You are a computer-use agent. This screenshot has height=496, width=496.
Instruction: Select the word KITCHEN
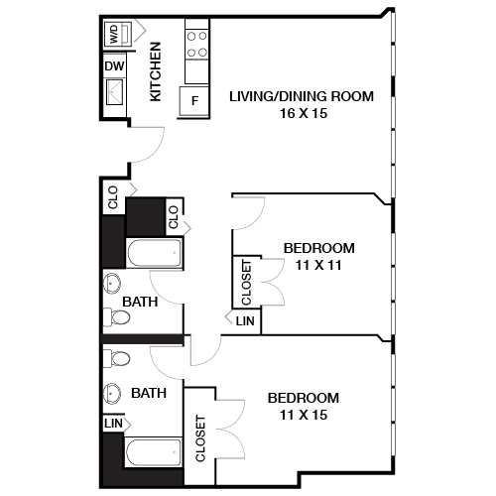[156, 72]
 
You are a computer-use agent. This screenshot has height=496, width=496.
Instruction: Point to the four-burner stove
[196, 43]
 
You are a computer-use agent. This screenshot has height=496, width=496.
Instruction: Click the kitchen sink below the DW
[114, 95]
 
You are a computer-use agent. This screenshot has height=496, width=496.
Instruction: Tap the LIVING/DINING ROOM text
[301, 96]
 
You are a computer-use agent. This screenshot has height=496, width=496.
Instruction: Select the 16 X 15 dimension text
[301, 114]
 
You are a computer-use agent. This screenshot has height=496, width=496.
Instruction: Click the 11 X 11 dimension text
[318, 266]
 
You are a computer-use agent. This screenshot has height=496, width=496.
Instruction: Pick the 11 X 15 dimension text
[304, 415]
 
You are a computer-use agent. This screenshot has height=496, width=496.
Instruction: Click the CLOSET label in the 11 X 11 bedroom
[246, 282]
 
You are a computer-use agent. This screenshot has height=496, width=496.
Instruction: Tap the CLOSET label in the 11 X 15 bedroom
[199, 437]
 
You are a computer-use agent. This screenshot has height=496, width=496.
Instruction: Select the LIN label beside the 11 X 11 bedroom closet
[245, 321]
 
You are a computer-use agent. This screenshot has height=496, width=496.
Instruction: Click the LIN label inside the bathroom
[113, 423]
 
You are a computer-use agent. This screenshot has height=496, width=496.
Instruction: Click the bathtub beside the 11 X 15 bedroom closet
[154, 456]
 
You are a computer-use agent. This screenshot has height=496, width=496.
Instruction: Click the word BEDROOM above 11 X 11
[318, 248]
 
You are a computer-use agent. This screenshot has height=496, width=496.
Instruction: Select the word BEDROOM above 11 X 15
[304, 397]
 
